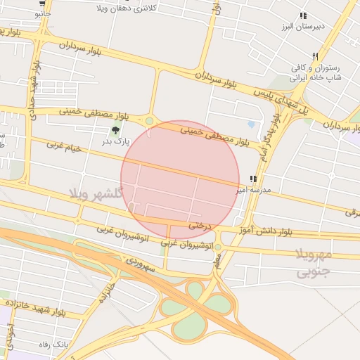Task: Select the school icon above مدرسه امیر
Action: click(253, 179)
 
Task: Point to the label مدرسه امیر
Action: click(265, 191)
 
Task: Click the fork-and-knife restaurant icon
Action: click(316, 57)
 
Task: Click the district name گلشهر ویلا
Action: click(96, 192)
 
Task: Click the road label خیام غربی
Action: click(64, 147)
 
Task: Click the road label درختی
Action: click(199, 226)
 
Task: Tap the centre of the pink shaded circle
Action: click(180, 180)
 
